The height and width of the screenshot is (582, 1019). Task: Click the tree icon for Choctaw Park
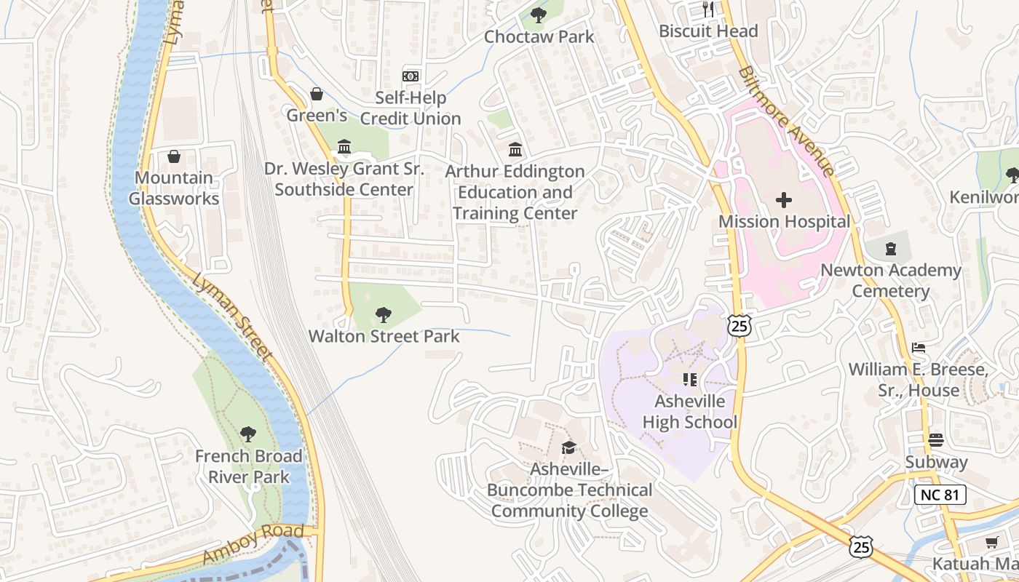[x=538, y=14]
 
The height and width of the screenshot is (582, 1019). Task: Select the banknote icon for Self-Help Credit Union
[x=411, y=76]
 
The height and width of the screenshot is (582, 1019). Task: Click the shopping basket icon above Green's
[x=317, y=94]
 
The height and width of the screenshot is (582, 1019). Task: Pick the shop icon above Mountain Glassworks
[x=174, y=156]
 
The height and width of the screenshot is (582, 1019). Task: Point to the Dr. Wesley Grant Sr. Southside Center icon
[x=344, y=148]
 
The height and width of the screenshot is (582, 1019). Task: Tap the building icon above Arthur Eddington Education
[x=515, y=150]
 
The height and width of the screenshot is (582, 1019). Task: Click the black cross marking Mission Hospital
[x=784, y=200]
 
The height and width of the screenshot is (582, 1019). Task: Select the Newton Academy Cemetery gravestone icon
[x=890, y=250]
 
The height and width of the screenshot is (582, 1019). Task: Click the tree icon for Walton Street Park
[x=384, y=315]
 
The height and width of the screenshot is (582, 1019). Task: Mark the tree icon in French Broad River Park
[x=248, y=434]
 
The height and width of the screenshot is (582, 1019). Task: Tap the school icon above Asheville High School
[x=690, y=380]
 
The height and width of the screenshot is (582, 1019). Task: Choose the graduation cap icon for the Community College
[x=568, y=447]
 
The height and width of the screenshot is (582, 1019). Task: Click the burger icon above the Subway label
[x=936, y=440]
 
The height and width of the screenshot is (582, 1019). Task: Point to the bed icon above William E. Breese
[x=919, y=348]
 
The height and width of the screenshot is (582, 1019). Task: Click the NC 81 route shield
[x=940, y=495]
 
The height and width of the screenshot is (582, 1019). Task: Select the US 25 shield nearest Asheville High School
[x=740, y=327]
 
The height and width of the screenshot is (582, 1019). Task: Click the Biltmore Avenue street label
[x=786, y=121]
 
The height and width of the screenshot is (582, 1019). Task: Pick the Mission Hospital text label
[x=784, y=221]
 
